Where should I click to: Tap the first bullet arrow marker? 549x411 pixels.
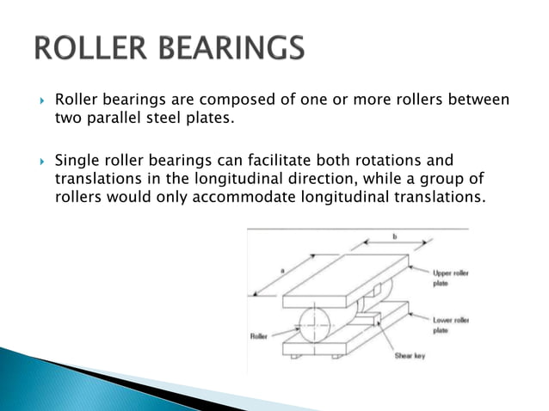coord(40,101)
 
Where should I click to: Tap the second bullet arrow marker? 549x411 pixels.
coord(40,160)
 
